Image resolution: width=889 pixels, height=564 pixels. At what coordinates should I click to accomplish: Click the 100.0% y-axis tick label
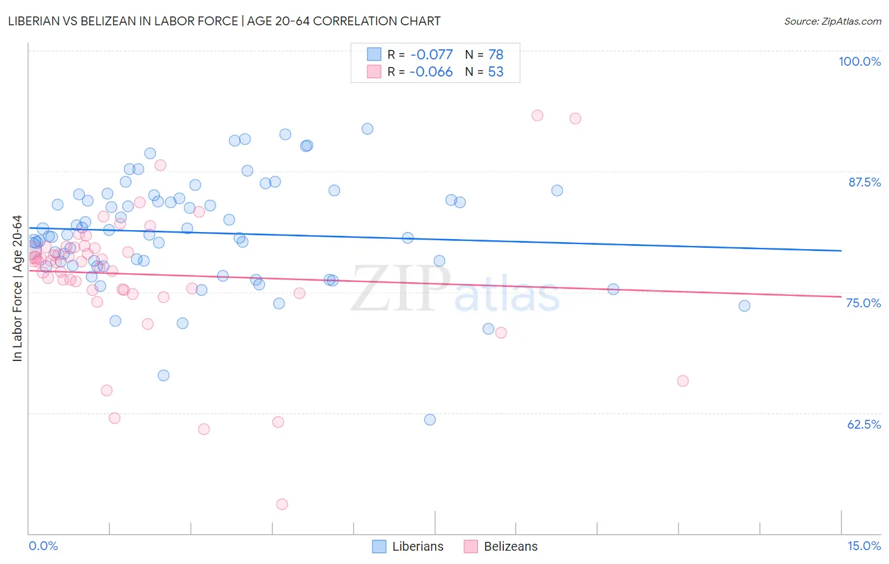859,61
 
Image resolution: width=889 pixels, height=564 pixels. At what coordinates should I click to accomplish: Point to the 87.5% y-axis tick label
864,182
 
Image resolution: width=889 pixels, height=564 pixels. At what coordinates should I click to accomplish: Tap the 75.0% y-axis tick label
863,303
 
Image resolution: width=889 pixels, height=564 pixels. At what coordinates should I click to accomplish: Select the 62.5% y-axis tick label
864,424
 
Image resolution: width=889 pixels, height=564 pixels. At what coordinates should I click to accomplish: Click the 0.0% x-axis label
43,546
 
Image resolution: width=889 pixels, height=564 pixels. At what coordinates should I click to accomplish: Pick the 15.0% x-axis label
864,546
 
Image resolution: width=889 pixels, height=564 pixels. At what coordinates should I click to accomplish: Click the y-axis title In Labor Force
17,288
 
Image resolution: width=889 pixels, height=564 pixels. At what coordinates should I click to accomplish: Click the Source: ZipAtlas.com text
832,21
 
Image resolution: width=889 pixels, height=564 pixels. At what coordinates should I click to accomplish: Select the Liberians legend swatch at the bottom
379,546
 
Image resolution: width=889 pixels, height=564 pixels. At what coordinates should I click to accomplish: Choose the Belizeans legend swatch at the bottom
470,546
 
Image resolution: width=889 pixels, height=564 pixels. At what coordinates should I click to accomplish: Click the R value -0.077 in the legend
431,55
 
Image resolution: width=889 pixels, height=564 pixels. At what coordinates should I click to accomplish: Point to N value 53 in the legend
496,72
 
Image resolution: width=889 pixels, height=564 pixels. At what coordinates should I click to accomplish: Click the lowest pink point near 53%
282,504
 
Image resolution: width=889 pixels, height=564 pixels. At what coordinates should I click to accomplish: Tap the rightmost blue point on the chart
744,306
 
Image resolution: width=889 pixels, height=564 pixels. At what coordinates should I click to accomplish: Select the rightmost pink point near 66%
682,381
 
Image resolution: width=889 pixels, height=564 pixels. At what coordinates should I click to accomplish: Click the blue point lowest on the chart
430,420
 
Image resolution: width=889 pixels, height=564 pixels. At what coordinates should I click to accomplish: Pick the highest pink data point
537,115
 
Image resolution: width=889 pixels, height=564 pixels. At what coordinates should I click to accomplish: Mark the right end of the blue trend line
841,251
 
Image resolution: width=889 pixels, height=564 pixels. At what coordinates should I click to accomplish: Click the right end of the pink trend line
841,297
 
